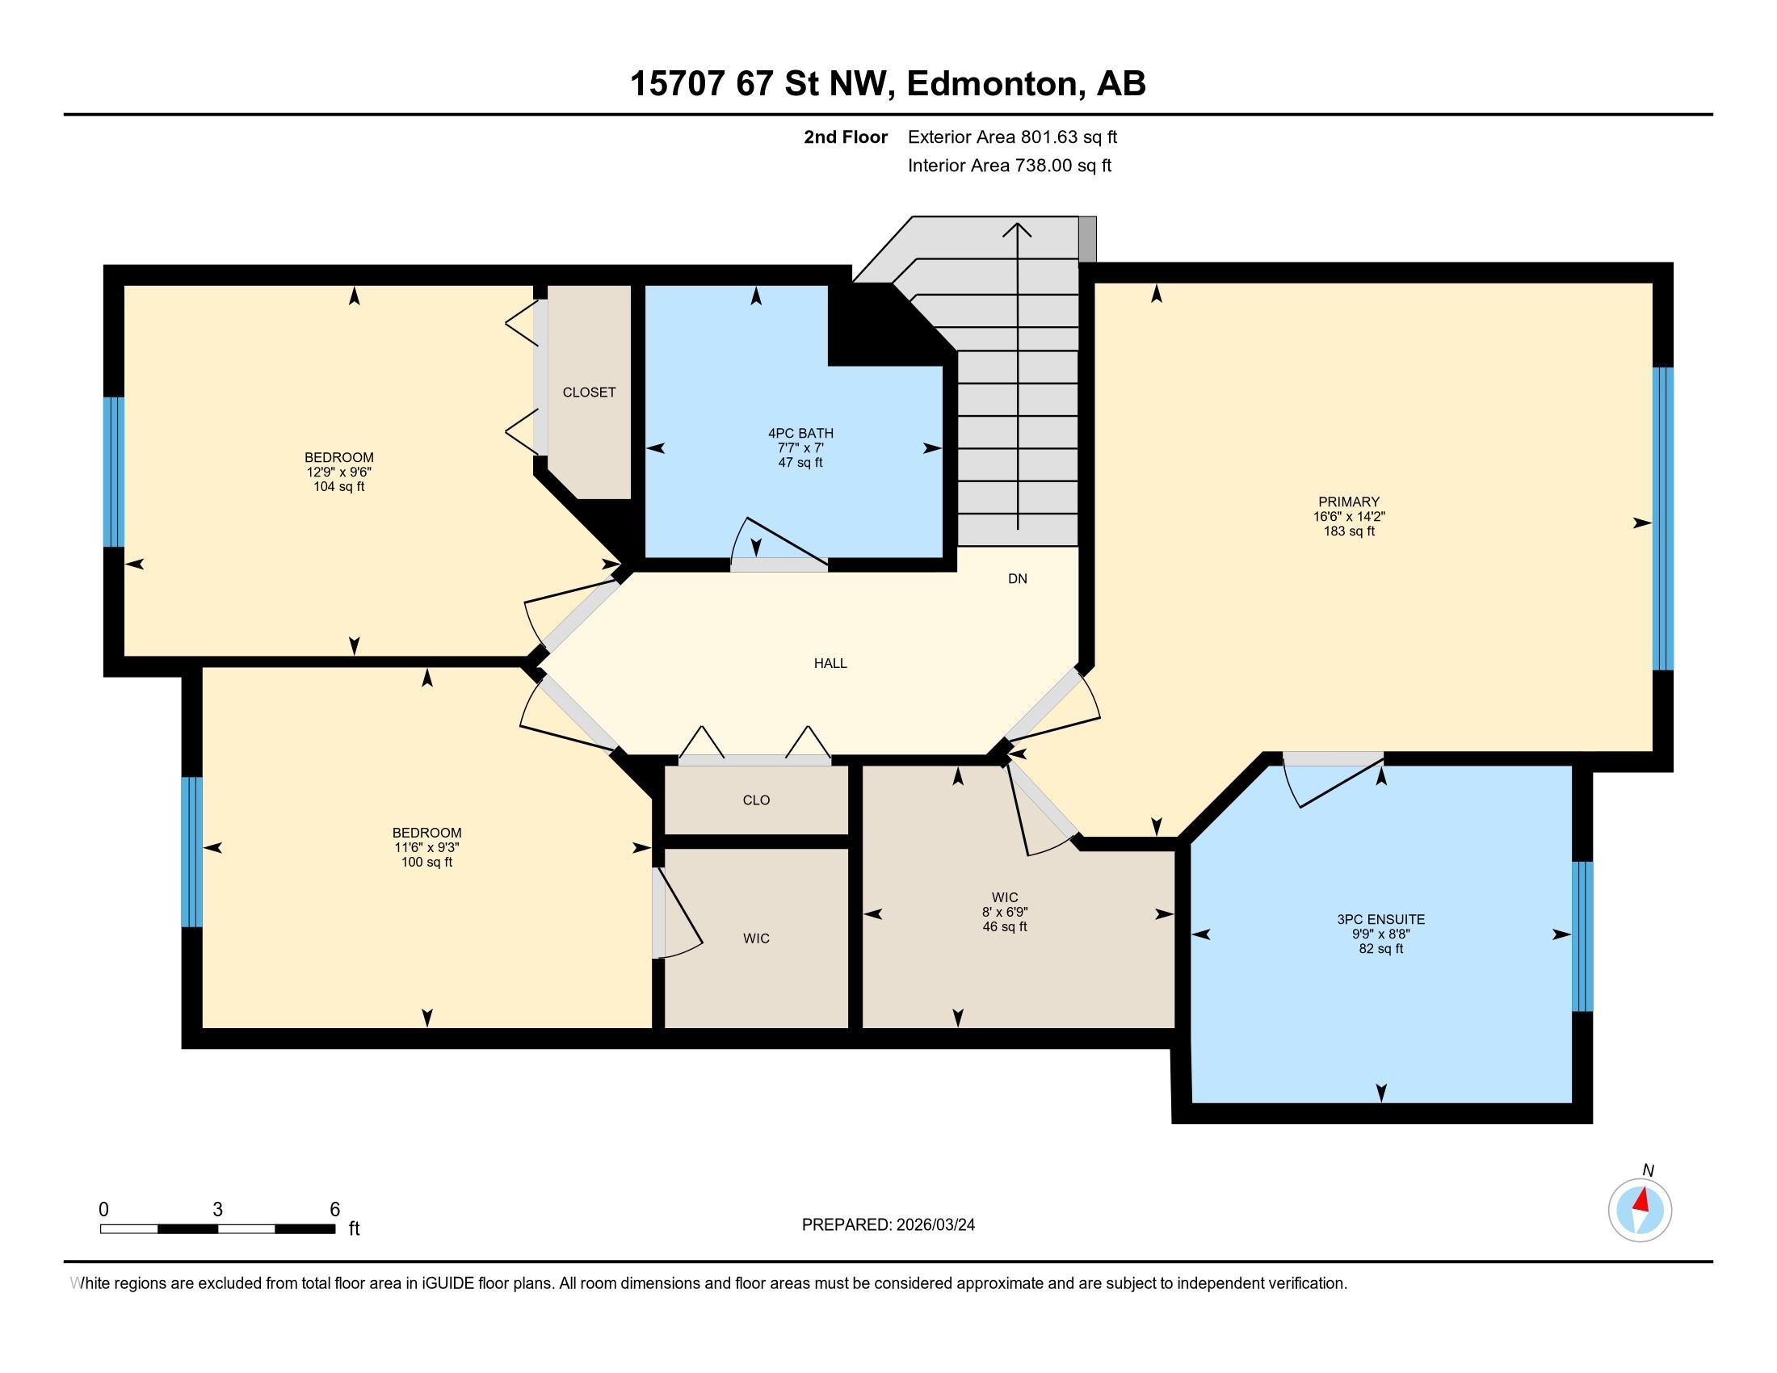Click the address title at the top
point(888,84)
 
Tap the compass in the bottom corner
point(1640,1211)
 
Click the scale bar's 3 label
point(217,1210)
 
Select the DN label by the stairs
point(1017,579)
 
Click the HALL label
point(830,663)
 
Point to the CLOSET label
point(589,392)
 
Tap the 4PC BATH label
point(800,434)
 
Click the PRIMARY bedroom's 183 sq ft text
point(1348,531)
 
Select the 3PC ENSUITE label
point(1380,919)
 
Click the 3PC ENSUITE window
point(1582,936)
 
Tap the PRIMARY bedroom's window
point(1662,519)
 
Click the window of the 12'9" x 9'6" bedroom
point(114,472)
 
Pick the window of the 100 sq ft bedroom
point(191,851)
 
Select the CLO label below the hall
point(756,800)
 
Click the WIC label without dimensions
point(756,938)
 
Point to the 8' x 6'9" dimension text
point(1005,913)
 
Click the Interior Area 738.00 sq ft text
point(1009,166)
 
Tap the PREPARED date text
point(888,1225)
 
